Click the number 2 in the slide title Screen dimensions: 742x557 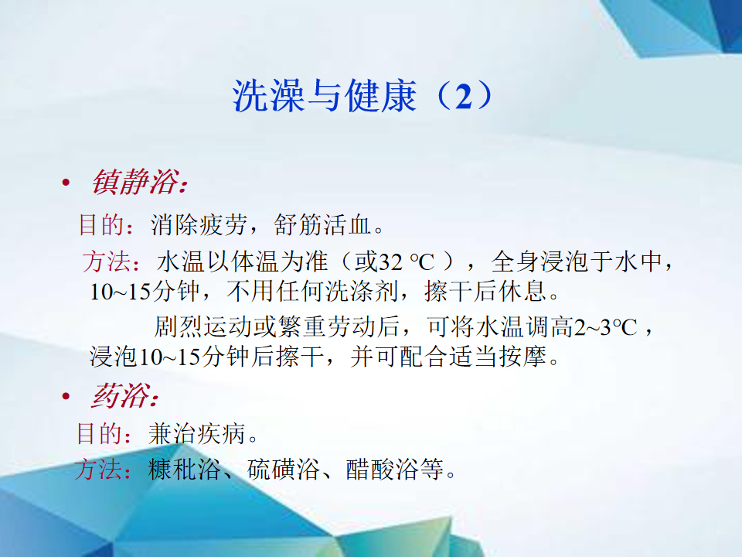(464, 96)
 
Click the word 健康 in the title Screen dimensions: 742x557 (381, 96)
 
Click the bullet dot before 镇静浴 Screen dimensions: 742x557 (66, 183)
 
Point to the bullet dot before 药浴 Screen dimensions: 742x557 (66, 396)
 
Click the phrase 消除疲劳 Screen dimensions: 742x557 (199, 224)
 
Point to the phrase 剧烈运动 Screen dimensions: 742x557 (203, 327)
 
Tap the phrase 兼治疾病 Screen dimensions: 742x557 (196, 434)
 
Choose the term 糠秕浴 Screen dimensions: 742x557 (185, 470)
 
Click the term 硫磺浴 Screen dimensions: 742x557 (284, 470)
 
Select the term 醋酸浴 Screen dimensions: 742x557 (383, 470)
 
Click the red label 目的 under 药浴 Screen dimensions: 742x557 (100, 434)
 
